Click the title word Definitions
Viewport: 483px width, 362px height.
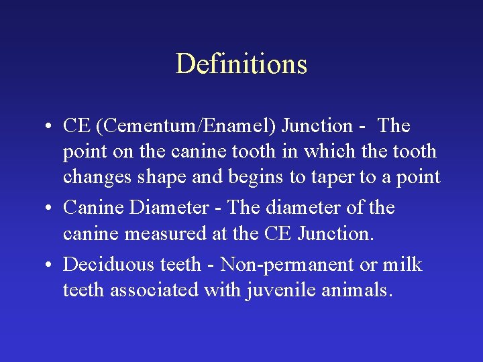click(241, 64)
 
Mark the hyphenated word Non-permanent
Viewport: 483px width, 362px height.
click(287, 265)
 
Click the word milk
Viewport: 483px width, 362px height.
click(402, 265)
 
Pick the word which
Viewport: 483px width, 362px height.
click(326, 152)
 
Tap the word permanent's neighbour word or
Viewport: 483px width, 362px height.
click(369, 265)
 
